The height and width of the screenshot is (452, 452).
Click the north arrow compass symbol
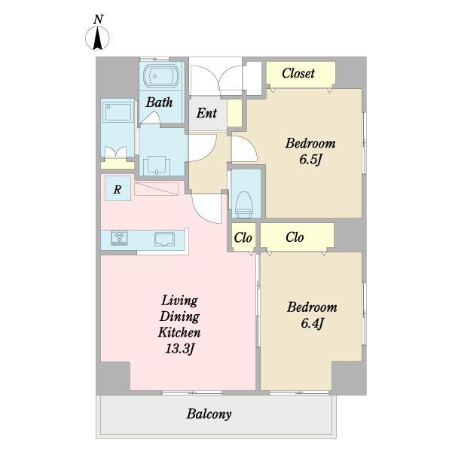pyautogui.click(x=97, y=38)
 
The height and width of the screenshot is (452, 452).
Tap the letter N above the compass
pyautogui.click(x=98, y=20)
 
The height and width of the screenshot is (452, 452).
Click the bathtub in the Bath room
pyautogui.click(x=161, y=76)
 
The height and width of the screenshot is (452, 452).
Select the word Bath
pyautogui.click(x=159, y=102)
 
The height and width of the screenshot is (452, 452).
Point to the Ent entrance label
pyautogui.click(x=206, y=113)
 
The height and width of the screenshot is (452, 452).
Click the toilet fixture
pyautogui.click(x=244, y=204)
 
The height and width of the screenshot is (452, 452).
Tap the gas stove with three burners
pyautogui.click(x=119, y=238)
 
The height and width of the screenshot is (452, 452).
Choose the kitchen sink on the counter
pyautogui.click(x=164, y=240)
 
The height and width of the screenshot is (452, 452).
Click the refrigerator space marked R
pyautogui.click(x=118, y=188)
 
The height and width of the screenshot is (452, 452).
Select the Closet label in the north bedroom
pyautogui.click(x=298, y=73)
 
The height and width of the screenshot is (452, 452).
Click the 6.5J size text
pyautogui.click(x=310, y=160)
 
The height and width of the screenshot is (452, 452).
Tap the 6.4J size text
pyautogui.click(x=312, y=323)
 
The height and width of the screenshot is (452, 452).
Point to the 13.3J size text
pyautogui.click(x=179, y=349)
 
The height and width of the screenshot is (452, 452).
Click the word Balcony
pyautogui.click(x=209, y=414)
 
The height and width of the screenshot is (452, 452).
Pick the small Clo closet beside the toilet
pyautogui.click(x=243, y=237)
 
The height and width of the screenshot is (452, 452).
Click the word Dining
pyautogui.click(x=179, y=317)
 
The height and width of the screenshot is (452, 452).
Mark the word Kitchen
pyautogui.click(x=179, y=333)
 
